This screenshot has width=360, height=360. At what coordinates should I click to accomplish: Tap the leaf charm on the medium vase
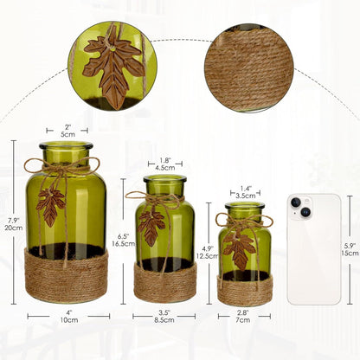pyautogui.click(x=152, y=227)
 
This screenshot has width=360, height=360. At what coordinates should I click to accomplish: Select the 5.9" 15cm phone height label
pyautogui.click(x=349, y=248)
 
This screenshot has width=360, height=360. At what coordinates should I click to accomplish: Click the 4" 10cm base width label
pyautogui.click(x=67, y=318)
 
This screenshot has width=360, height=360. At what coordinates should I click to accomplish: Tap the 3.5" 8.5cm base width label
pyautogui.click(x=164, y=318)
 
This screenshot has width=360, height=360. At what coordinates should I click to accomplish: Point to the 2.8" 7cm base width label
pyautogui.click(x=245, y=318)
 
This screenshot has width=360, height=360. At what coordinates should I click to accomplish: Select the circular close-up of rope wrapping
pyautogui.click(x=249, y=67)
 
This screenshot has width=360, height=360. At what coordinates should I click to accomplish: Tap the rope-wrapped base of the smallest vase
pyautogui.click(x=245, y=289)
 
